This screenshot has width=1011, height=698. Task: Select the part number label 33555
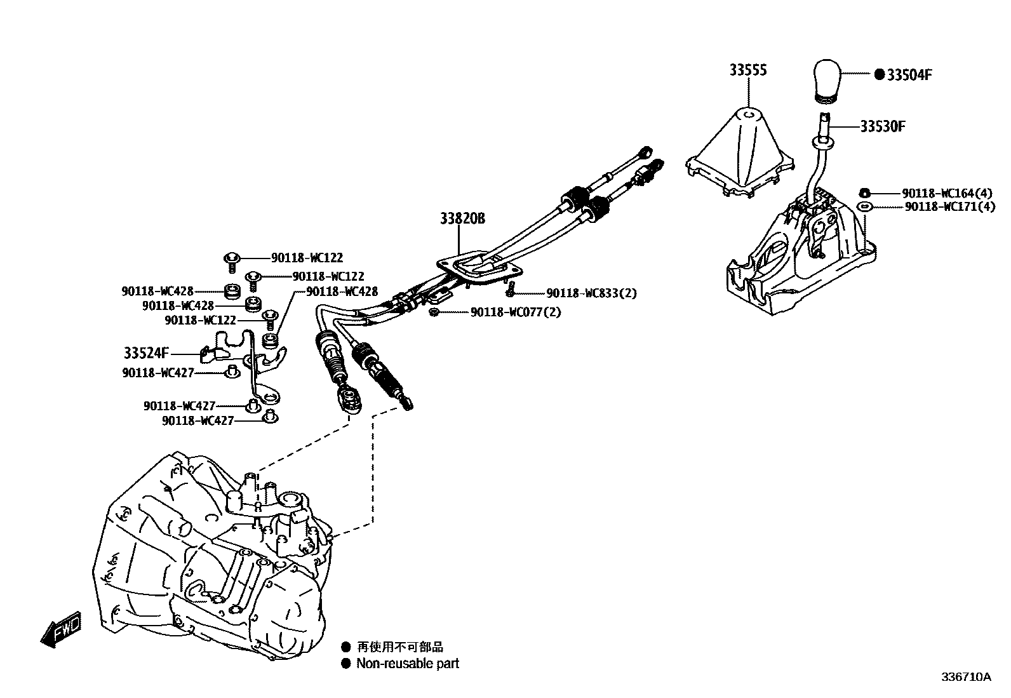[747, 70]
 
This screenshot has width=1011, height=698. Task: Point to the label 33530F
[883, 126]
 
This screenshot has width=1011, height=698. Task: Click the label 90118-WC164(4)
[947, 192]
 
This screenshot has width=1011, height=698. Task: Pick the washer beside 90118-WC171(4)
[864, 206]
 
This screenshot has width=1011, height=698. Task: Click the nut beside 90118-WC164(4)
[864, 192]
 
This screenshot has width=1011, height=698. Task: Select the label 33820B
[462, 218]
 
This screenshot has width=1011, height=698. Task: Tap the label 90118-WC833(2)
[591, 293]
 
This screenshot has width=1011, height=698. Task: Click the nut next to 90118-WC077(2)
[433, 312]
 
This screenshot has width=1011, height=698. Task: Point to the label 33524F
[147, 352]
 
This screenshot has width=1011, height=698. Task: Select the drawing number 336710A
[965, 677]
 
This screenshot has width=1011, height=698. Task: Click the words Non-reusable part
[407, 664]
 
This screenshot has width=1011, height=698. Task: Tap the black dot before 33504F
[879, 74]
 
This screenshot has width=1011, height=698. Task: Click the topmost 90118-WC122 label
[307, 258]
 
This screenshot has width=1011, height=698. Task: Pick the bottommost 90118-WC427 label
[198, 420]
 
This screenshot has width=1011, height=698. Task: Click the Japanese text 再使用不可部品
[399, 647]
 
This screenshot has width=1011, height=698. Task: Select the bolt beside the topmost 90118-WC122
[232, 260]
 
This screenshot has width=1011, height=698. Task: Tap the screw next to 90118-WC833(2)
[509, 290]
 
